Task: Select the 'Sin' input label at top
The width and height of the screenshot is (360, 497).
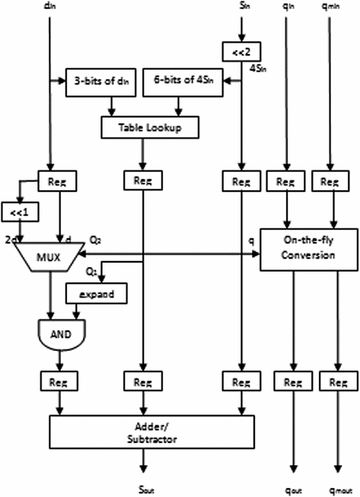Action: coord(241,7)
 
